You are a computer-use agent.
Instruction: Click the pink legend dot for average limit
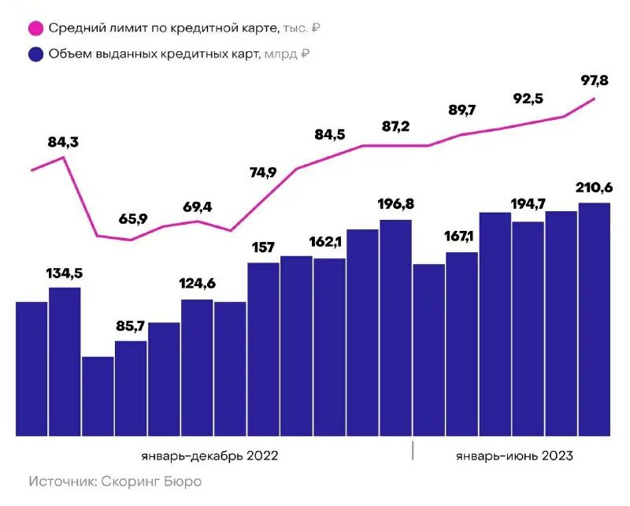tap(35, 28)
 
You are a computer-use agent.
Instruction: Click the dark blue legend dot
tap(35, 54)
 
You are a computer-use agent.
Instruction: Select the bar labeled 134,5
tap(65, 361)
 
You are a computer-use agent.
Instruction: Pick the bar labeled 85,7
tap(131, 388)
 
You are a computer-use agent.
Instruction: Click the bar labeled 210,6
tap(595, 319)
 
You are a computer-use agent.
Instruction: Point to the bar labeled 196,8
tap(395, 327)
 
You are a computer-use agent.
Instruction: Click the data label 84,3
tap(64, 143)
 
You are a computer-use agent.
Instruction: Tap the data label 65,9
tap(132, 219)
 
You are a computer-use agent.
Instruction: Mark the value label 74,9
tap(263, 173)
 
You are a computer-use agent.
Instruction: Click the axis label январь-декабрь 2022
tap(209, 456)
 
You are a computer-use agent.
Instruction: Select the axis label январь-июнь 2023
tap(513, 456)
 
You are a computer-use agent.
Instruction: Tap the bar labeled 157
tap(263, 349)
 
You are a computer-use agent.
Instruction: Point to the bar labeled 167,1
tap(461, 344)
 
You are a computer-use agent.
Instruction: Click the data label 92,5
tap(528, 99)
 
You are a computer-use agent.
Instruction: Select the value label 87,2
tap(395, 126)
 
